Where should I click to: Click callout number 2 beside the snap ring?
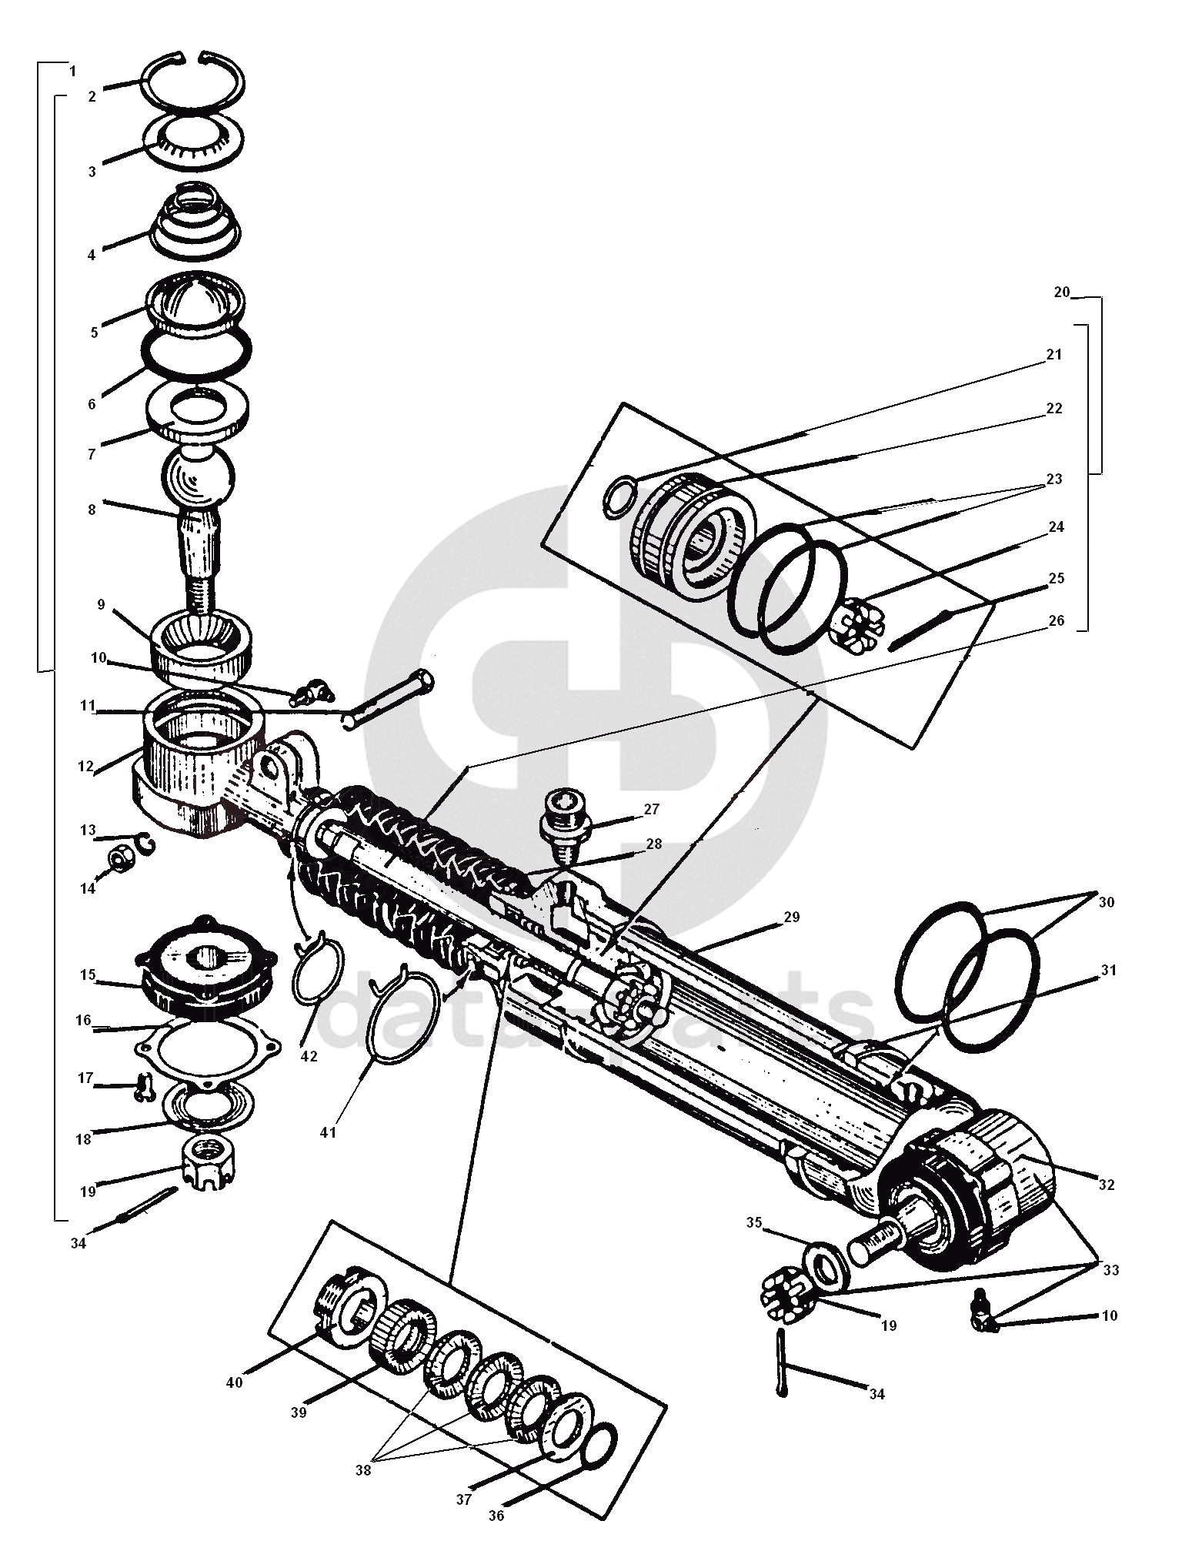click(92, 97)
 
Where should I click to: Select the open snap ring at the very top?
click(192, 82)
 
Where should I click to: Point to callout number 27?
click(651, 809)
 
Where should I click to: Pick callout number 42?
click(309, 1057)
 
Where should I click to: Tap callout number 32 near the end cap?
click(1106, 1185)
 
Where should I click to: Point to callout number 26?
click(1056, 620)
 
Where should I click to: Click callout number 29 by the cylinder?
click(792, 917)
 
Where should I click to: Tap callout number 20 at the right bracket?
click(1061, 292)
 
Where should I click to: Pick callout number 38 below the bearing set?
click(362, 1469)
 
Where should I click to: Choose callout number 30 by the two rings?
click(1106, 903)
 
